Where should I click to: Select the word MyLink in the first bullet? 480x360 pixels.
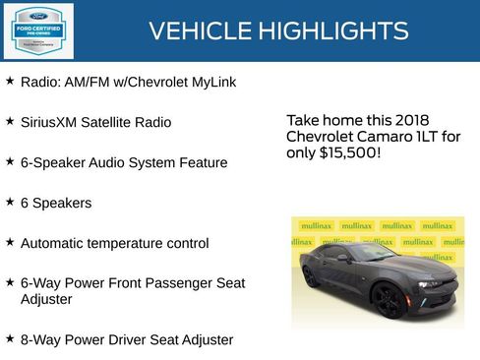pos(210,82)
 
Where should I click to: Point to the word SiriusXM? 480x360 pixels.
pos(49,122)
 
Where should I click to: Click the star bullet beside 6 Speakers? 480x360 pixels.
pos(10,202)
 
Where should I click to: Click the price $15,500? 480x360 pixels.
pos(350,153)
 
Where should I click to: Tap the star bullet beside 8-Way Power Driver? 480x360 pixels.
pos(10,338)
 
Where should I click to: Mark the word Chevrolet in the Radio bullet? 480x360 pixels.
pos(150,82)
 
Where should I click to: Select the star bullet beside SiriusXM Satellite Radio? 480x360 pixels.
pos(10,121)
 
